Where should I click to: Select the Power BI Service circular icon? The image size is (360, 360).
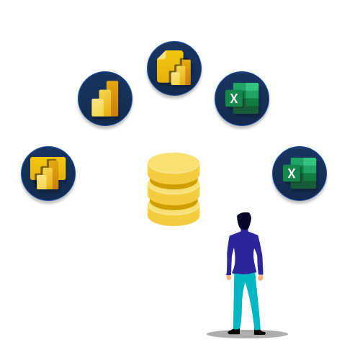pos(105,99)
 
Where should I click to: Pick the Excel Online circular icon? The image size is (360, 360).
pos(299,174)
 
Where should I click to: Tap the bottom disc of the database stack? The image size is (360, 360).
pos(173,214)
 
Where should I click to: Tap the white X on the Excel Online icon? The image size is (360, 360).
pos(292,174)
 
